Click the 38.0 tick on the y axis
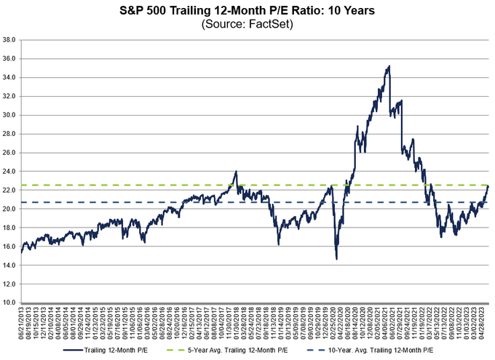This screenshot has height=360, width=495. point(9,39)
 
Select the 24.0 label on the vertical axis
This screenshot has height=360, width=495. point(9,171)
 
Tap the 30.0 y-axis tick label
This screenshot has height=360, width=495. point(9,115)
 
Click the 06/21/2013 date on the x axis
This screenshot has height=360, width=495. point(23,324)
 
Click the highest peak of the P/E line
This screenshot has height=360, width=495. point(389,66)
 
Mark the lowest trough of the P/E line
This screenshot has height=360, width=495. point(336,259)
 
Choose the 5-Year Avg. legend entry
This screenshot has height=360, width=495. point(250,349)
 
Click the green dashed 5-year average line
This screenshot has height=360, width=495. point(146,185)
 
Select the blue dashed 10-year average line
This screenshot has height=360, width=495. point(146,202)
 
